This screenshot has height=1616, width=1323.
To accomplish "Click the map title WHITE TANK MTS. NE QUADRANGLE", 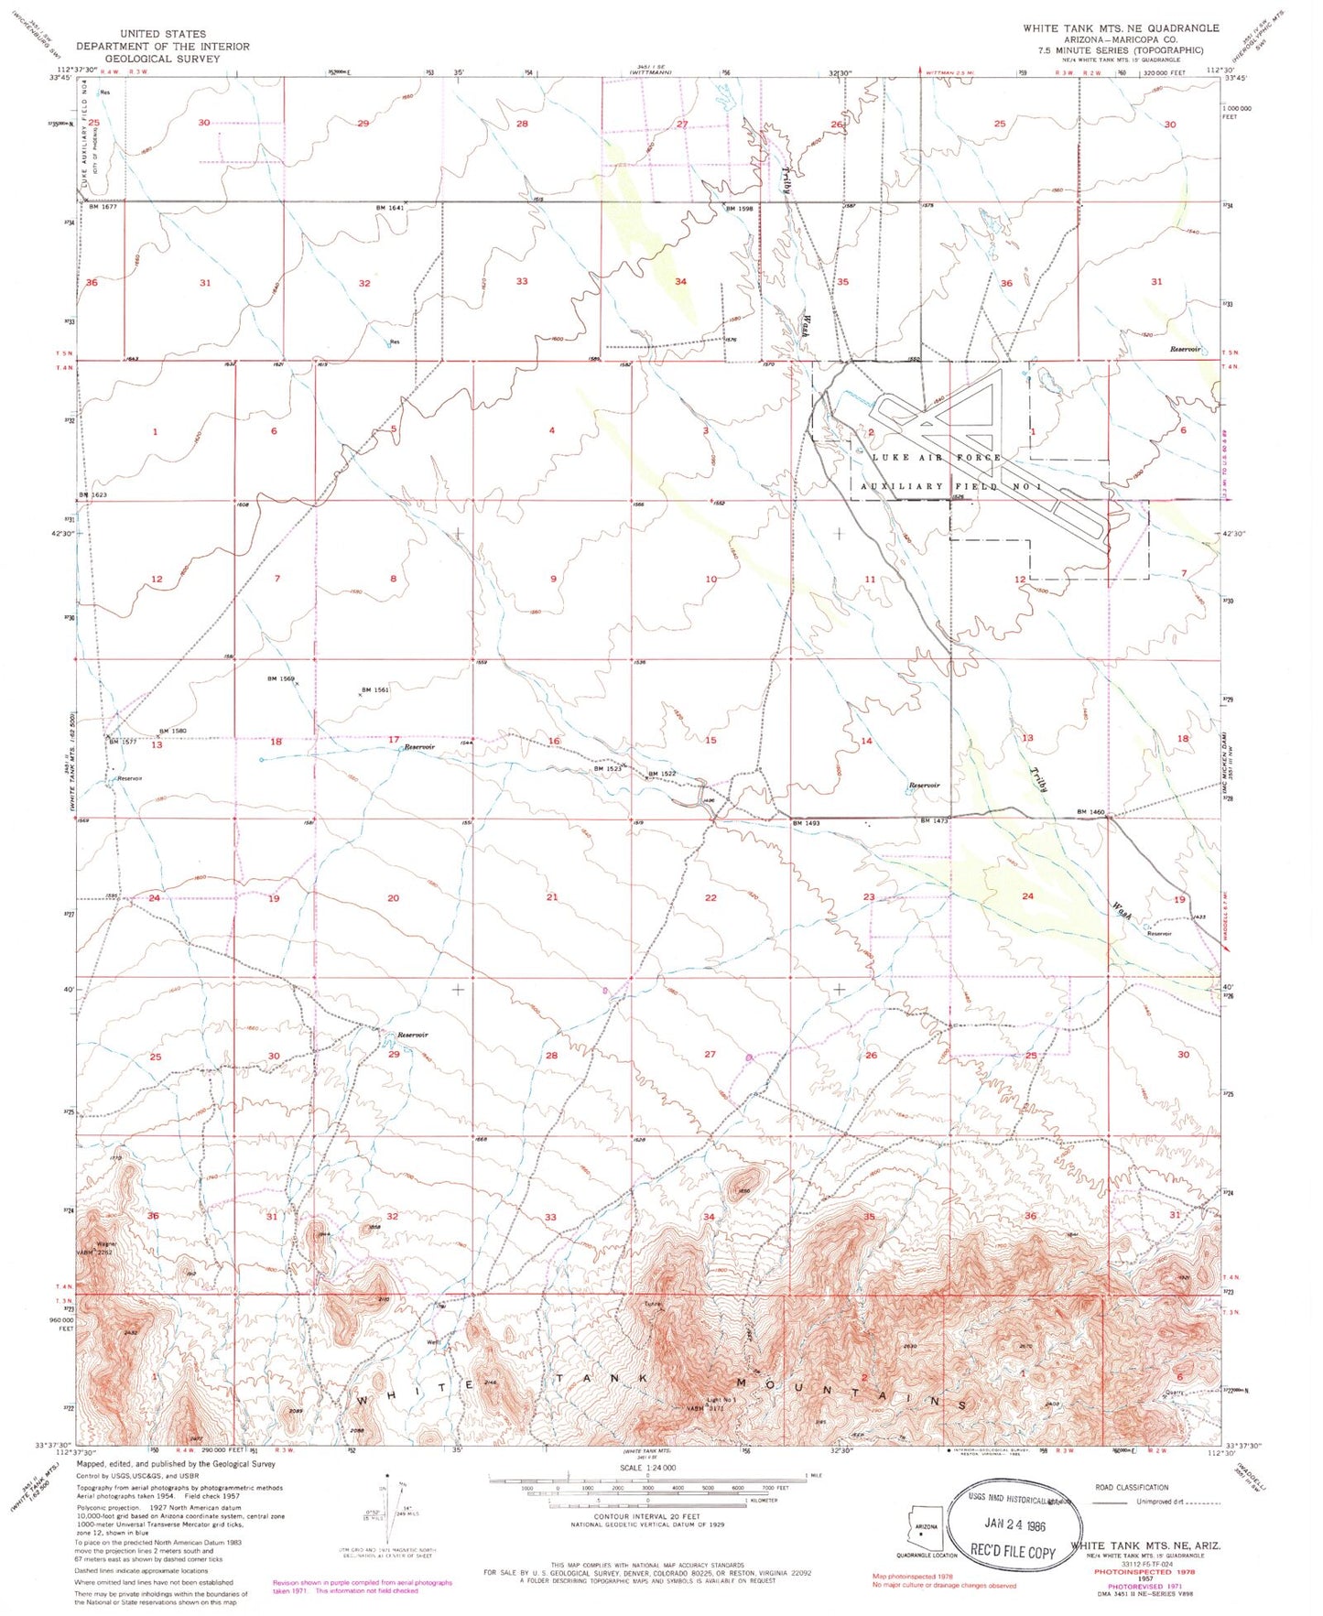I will [x=1121, y=28].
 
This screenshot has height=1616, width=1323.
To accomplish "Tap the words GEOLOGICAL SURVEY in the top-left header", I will [x=162, y=58].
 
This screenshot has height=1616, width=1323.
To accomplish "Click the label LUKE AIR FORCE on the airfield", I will [x=937, y=457].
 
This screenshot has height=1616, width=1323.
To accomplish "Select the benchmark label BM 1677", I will [x=103, y=207].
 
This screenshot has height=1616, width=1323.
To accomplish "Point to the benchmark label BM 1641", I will [x=389, y=208].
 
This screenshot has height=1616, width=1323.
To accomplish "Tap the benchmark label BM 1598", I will [x=739, y=209].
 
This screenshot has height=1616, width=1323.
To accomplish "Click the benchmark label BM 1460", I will [x=1090, y=812].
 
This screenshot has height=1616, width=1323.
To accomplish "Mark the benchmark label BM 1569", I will [x=281, y=678].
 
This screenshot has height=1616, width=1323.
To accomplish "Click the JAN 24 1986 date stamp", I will [x=1014, y=1525].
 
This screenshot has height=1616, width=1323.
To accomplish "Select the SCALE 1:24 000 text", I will [x=647, y=1492].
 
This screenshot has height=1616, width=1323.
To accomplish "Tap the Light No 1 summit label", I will [x=721, y=1400].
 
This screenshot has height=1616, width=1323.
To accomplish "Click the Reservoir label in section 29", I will [x=413, y=1035].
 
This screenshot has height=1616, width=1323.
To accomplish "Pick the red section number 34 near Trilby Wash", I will [x=680, y=281].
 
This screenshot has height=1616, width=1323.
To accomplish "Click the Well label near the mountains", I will [x=434, y=1342].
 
